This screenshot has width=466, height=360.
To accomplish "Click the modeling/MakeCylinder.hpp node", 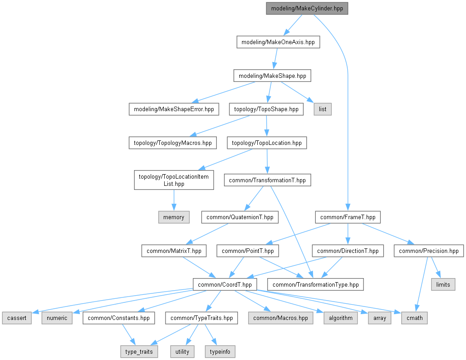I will [x=307, y=9].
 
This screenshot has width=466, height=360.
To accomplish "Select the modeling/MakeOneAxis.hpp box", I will [x=278, y=42].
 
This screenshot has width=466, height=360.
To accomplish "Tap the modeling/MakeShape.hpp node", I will [x=272, y=76].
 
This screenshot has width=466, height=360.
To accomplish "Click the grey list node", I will [x=323, y=109].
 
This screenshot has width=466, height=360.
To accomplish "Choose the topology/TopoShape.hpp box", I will [x=266, y=109].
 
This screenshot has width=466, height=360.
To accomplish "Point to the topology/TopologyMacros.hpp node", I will [x=173, y=143].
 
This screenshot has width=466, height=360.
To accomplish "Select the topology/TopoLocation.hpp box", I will [x=267, y=143].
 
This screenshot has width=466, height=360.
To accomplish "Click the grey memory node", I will [x=174, y=217].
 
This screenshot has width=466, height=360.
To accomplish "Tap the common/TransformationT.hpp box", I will [x=267, y=180].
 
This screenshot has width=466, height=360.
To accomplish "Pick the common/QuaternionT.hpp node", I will [x=240, y=217].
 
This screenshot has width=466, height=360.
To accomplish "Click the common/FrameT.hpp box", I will [x=348, y=217].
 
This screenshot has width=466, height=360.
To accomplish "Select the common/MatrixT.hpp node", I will [x=174, y=251].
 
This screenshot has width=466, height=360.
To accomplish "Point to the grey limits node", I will [x=443, y=284].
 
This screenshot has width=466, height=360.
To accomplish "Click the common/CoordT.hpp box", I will [x=225, y=284].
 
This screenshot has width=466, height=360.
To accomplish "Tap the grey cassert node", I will [x=17, y=318].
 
